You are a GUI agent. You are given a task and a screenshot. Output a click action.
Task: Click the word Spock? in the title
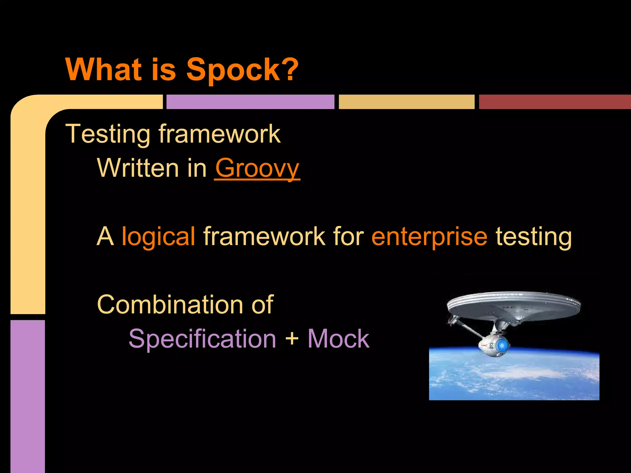tap(242, 70)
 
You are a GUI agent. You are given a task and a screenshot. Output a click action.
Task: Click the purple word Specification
tap(202, 339)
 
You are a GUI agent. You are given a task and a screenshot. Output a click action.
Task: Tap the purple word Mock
tap(338, 339)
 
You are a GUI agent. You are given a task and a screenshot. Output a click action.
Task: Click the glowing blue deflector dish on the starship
tap(502, 345)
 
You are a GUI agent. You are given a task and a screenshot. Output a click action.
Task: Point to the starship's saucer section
tap(513, 305)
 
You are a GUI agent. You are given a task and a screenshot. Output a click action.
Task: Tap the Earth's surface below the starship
tap(514, 379)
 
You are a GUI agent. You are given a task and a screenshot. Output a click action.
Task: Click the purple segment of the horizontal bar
tap(250, 102)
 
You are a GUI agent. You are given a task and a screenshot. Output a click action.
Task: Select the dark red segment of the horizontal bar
tap(555, 102)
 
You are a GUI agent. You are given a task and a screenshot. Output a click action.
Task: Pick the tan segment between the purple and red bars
tap(406, 102)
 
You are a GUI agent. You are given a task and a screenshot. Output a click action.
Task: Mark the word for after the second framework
tap(348, 236)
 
